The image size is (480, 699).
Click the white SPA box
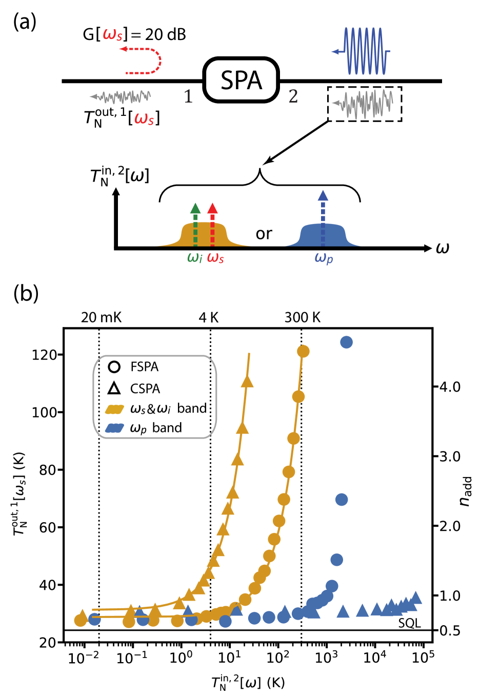click(241, 80)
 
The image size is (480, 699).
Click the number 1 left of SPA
click(188, 96)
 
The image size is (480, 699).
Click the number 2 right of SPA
click(293, 96)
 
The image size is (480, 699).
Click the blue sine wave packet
click(364, 51)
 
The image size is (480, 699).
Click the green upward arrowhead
click(195, 208)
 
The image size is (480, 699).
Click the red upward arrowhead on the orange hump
click(212, 208)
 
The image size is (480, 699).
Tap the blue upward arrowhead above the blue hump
click(323, 195)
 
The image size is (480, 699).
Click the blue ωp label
click(324, 258)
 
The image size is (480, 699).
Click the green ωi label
click(195, 257)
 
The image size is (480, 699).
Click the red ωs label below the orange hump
click(215, 258)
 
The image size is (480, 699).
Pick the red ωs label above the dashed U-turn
click(113, 35)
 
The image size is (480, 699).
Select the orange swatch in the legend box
click(114, 409)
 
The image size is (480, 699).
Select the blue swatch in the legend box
click(114, 428)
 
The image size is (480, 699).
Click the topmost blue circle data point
click(347, 342)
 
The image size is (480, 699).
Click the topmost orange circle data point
click(303, 351)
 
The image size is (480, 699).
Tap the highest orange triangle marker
click(247, 381)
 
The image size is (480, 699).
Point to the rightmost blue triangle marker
click(416, 598)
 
